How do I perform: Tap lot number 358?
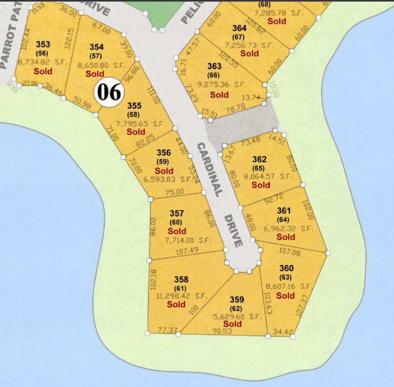tap(181, 279)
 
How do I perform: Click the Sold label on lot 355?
tap(136, 132)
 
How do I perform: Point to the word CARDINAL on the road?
tap(210, 169)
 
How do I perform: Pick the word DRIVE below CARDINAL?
tap(233, 231)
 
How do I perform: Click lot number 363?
tap(214, 66)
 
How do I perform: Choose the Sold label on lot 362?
tap(261, 185)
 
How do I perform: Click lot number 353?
tap(43, 44)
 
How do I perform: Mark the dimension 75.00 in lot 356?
tap(174, 192)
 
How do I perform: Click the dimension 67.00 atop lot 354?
tap(101, 30)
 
